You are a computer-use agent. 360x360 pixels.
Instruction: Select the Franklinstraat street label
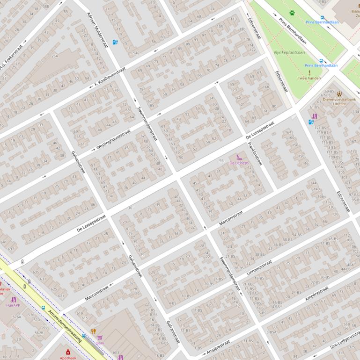tap(254, 155)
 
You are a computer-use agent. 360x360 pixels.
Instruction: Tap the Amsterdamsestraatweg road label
tap(63, 324)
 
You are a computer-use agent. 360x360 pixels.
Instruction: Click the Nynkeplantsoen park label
tap(289, 53)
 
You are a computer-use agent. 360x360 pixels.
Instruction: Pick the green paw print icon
tap(292, 13)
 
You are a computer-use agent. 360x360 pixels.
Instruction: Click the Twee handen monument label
tap(309, 78)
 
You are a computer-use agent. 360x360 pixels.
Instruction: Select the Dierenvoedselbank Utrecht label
tap(339, 101)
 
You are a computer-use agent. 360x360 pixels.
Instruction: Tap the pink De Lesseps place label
tap(239, 163)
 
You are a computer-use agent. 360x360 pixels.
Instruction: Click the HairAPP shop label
tap(13, 305)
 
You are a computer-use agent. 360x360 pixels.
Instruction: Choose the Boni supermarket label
tap(100, 343)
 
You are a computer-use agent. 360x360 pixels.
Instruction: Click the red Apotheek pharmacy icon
tap(68, 352)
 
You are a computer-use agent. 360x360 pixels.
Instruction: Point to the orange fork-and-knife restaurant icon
tap(94, 331)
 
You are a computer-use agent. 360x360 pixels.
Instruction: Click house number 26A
tap(55, 56)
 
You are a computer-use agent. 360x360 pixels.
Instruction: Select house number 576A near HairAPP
tap(17, 317)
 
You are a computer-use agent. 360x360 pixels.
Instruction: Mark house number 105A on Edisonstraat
tap(338, 167)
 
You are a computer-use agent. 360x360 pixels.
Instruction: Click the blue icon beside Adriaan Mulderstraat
tap(115, 42)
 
